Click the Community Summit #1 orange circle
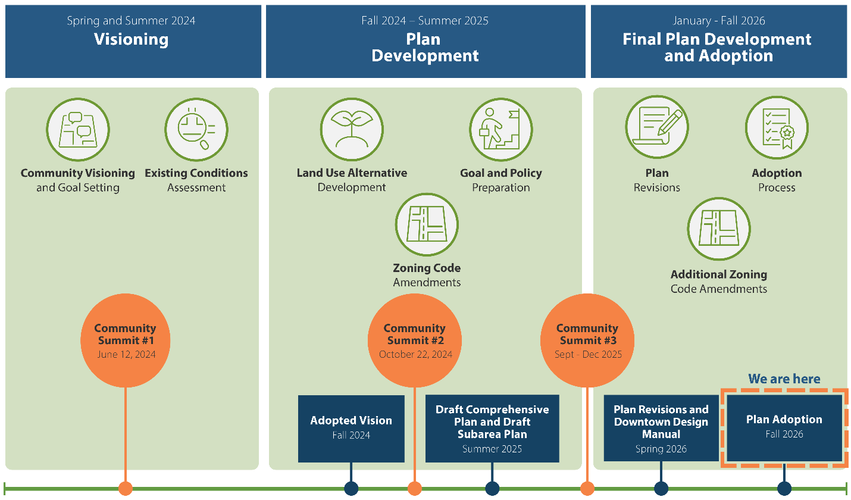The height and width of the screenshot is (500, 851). (126, 340)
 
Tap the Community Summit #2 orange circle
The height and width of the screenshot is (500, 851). (414, 340)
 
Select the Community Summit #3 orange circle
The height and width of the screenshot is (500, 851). (587, 340)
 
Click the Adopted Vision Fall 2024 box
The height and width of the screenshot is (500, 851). (351, 429)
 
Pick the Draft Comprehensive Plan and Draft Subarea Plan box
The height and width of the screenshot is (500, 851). (492, 429)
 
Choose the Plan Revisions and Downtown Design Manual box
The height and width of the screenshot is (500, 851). (661, 428)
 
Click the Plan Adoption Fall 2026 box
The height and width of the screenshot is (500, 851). (784, 428)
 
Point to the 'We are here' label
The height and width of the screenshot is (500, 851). (784, 379)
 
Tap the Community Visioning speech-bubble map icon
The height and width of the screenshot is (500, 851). (78, 130)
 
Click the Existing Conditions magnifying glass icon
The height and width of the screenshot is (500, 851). (196, 130)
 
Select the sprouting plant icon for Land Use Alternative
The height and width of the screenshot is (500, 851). (352, 130)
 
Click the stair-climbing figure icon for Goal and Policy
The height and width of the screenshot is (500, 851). (500, 130)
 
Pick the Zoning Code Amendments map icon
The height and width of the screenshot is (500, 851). (427, 224)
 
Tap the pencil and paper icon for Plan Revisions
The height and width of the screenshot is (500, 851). (657, 127)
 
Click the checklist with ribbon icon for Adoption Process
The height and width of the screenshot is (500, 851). (777, 127)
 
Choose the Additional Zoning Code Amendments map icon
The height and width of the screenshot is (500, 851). (719, 229)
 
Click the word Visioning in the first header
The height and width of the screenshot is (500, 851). (131, 39)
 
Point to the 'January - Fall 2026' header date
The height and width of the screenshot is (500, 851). (719, 20)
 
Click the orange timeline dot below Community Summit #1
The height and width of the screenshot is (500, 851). (126, 489)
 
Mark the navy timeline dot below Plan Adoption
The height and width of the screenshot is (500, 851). (784, 489)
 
